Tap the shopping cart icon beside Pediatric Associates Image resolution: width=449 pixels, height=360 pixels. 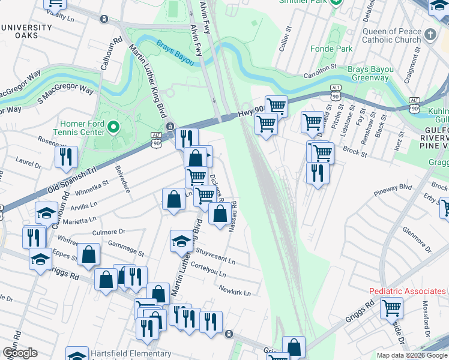click(x=391, y=308)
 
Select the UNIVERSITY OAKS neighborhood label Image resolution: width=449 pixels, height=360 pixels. click(x=26, y=32)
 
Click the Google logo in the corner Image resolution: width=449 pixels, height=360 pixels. click(x=19, y=353)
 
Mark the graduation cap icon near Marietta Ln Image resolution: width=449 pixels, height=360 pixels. click(x=47, y=212)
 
